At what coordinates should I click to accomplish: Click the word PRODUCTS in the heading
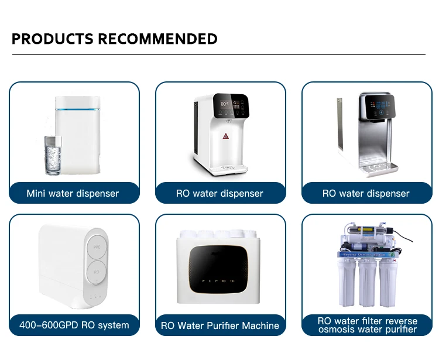point(53,39)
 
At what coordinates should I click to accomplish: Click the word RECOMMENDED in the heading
point(157,39)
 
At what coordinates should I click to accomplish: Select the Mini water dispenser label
point(73,193)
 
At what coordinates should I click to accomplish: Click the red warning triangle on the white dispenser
point(225,136)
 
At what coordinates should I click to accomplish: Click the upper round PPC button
point(98,248)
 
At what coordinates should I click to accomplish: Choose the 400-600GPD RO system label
point(74,325)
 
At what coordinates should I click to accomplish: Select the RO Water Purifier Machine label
point(220,325)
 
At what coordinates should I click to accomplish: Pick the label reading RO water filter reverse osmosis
point(367,325)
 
